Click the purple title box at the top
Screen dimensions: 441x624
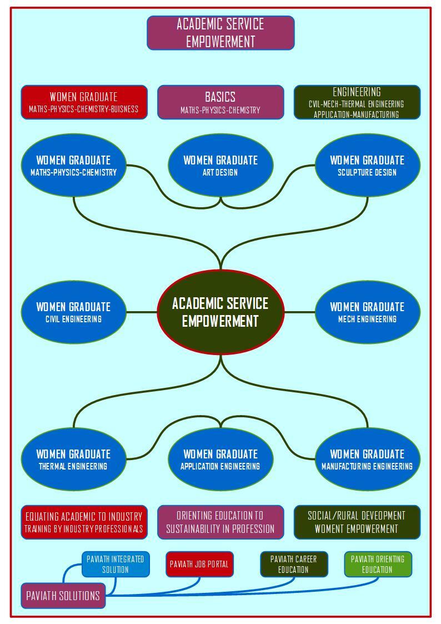[220, 33]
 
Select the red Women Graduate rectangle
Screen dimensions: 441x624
[84, 102]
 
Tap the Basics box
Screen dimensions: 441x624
[220, 102]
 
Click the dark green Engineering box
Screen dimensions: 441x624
[357, 102]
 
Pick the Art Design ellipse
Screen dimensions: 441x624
[220, 165]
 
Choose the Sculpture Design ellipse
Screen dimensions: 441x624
[368, 165]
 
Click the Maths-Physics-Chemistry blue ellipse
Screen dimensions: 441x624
[73, 165]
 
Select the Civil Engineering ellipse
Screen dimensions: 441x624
[73, 312]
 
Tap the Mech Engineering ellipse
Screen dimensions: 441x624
[368, 312]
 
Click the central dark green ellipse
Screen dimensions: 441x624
[220, 312]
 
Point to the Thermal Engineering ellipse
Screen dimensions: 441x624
[73, 459]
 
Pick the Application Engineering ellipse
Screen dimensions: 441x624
[220, 459]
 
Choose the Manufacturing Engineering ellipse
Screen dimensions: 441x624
[368, 459]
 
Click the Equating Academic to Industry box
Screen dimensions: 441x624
[84, 522]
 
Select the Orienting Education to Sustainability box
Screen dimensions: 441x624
[220, 522]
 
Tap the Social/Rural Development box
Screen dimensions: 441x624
[357, 522]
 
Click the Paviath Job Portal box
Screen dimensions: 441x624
[199, 564]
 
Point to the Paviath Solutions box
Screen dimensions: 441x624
[63, 596]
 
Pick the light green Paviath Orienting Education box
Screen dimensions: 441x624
[378, 564]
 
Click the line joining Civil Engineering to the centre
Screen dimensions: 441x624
[142, 312]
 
